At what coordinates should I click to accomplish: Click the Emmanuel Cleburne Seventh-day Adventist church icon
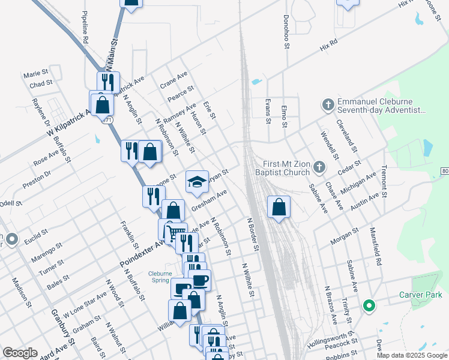pyautogui.click(x=328, y=105)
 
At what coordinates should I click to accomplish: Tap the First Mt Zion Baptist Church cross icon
pyautogui.click(x=319, y=166)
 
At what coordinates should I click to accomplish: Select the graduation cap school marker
pyautogui.click(x=196, y=182)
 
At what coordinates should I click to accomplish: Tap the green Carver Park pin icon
pyautogui.click(x=369, y=307)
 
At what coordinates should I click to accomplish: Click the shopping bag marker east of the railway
pyautogui.click(x=279, y=208)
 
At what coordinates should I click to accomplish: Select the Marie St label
pyautogui.click(x=35, y=74)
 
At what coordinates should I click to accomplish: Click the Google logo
pyautogui.click(x=20, y=353)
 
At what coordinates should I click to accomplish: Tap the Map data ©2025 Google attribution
pyautogui.click(x=412, y=355)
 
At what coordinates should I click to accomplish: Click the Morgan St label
pyautogui.click(x=344, y=237)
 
